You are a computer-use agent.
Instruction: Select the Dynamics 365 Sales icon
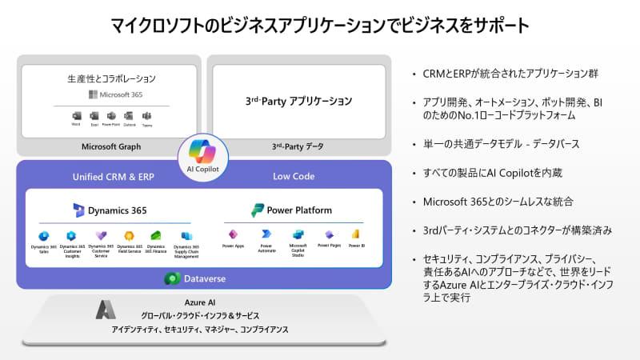coord(43,236)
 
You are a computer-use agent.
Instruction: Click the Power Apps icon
coord(234,234)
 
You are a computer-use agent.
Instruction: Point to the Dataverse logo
coord(170,278)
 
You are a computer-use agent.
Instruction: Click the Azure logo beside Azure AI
coord(106,309)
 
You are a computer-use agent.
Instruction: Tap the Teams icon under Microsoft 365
coord(146,117)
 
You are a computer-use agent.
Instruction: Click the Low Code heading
coord(294,176)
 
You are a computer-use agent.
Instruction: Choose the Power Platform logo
coord(258,210)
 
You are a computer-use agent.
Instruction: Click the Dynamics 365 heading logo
coord(78,210)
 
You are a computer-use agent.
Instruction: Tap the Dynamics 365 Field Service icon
coord(128,236)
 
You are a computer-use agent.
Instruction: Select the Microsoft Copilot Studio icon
coord(298,234)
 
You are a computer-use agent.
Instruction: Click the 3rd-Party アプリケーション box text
coord(298,102)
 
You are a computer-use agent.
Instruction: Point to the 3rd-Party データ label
coord(298,146)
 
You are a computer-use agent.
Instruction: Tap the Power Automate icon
coord(266,234)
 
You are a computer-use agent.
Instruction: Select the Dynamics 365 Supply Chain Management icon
coord(186,236)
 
